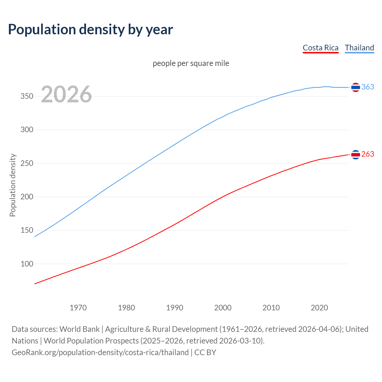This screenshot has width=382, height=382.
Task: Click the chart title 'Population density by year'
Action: tap(90, 30)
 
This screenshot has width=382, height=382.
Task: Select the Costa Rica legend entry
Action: tap(321, 48)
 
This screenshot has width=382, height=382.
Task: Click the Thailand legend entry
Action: tap(359, 48)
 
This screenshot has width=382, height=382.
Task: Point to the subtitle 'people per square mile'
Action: tap(191, 63)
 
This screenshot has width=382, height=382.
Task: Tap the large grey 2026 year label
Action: tap(66, 94)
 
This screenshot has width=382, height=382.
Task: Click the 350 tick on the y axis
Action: tap(27, 96)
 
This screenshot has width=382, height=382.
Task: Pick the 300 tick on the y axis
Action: tap(27, 130)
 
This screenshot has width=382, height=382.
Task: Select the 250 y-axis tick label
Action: tap(27, 164)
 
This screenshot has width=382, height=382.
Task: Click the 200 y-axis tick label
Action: tap(27, 197)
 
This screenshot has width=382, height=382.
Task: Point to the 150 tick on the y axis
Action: tap(27, 230)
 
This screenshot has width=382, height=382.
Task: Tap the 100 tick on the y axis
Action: tap(27, 264)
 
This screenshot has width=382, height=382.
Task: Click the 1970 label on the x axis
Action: tap(78, 308)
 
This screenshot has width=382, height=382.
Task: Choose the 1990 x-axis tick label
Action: tap(175, 308)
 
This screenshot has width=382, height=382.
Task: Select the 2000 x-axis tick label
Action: tap(223, 308)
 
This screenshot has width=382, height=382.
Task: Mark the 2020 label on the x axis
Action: tap(319, 308)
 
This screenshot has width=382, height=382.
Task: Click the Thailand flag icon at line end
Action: tap(355, 87)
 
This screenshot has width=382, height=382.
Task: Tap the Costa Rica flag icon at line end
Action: tap(355, 155)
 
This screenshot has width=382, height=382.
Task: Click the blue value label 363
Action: tap(368, 87)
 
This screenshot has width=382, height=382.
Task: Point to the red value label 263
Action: tap(368, 154)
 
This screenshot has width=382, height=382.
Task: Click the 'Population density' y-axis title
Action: tap(13, 185)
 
